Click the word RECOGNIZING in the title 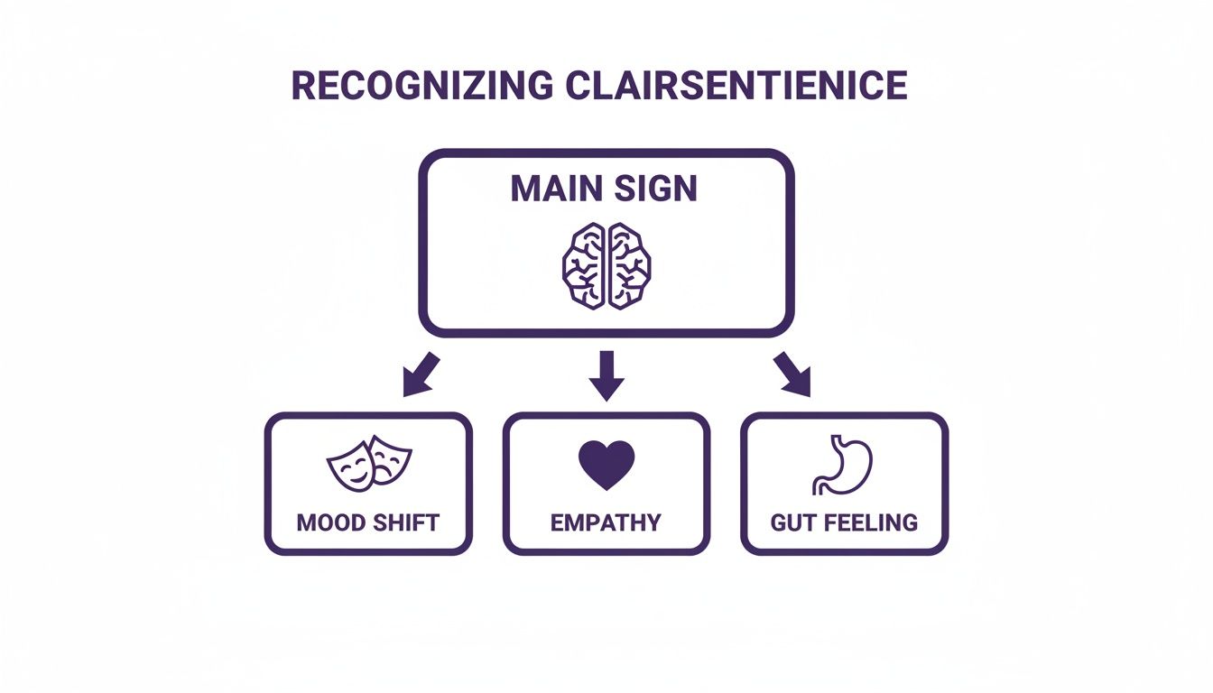click(x=421, y=85)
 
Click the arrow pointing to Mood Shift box click(x=420, y=374)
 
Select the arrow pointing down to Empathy click(x=606, y=375)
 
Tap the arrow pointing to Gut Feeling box click(x=792, y=374)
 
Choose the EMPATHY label click(x=606, y=522)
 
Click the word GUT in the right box click(x=791, y=522)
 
